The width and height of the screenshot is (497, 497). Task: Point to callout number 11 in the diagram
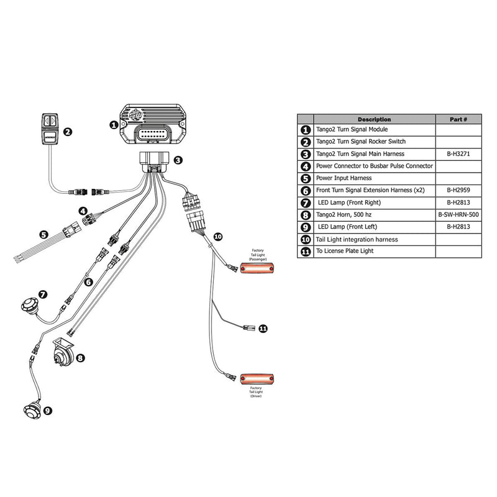tap(263, 328)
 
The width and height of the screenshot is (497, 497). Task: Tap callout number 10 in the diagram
tap(217, 236)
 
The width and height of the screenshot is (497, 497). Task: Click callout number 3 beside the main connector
tap(178, 160)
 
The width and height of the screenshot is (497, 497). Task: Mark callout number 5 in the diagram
tap(43, 235)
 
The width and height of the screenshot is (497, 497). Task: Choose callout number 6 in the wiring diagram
tap(88, 281)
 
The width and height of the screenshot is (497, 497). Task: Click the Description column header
tap(374, 119)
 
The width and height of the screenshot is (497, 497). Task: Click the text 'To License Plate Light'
tap(350, 252)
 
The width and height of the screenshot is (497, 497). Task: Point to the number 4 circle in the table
tap(305, 166)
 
